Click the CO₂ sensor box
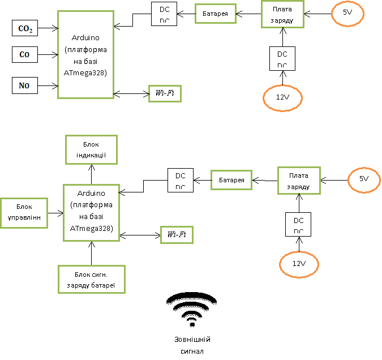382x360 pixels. click(x=25, y=28)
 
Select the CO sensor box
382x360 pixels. click(x=25, y=55)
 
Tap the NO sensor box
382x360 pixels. click(x=25, y=86)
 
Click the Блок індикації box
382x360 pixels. click(x=91, y=149)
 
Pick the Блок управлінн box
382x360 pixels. click(x=24, y=213)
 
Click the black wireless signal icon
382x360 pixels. click(x=192, y=310)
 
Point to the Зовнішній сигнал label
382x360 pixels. click(x=192, y=345)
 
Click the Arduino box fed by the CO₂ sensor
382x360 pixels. click(x=85, y=54)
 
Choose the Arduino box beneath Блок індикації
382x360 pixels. click(x=91, y=213)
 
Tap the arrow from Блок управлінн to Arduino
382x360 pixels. click(x=55, y=213)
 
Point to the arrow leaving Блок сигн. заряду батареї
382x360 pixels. click(x=92, y=253)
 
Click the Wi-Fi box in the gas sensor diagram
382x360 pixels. click(x=165, y=93)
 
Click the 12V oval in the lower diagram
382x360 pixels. click(x=299, y=264)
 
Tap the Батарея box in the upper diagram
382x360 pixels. click(x=215, y=14)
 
